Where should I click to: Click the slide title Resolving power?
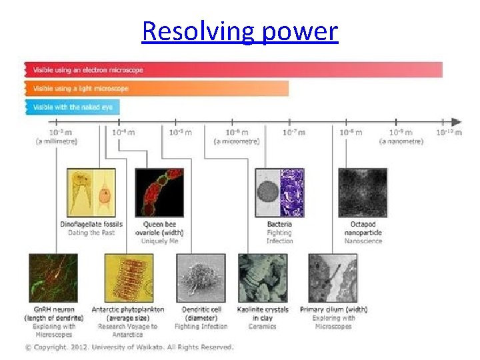click(240, 31)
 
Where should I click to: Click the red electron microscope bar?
click(233, 69)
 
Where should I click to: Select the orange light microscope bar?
click(157, 88)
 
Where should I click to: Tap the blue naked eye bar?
click(72, 107)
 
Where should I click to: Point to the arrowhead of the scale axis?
click(456, 122)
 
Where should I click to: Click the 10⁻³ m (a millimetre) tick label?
click(57, 137)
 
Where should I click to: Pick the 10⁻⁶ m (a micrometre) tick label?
click(237, 137)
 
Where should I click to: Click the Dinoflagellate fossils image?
click(91, 193)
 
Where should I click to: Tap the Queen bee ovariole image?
click(159, 193)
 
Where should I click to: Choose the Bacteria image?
click(279, 193)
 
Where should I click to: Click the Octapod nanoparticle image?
click(363, 193)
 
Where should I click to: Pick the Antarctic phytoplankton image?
click(129, 278)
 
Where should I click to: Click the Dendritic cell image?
click(201, 278)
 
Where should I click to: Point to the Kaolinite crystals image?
click(263, 278)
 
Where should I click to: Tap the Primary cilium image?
click(333, 278)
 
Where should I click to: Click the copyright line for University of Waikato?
click(129, 347)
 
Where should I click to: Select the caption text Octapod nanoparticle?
click(363, 228)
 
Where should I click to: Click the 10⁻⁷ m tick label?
click(293, 133)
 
